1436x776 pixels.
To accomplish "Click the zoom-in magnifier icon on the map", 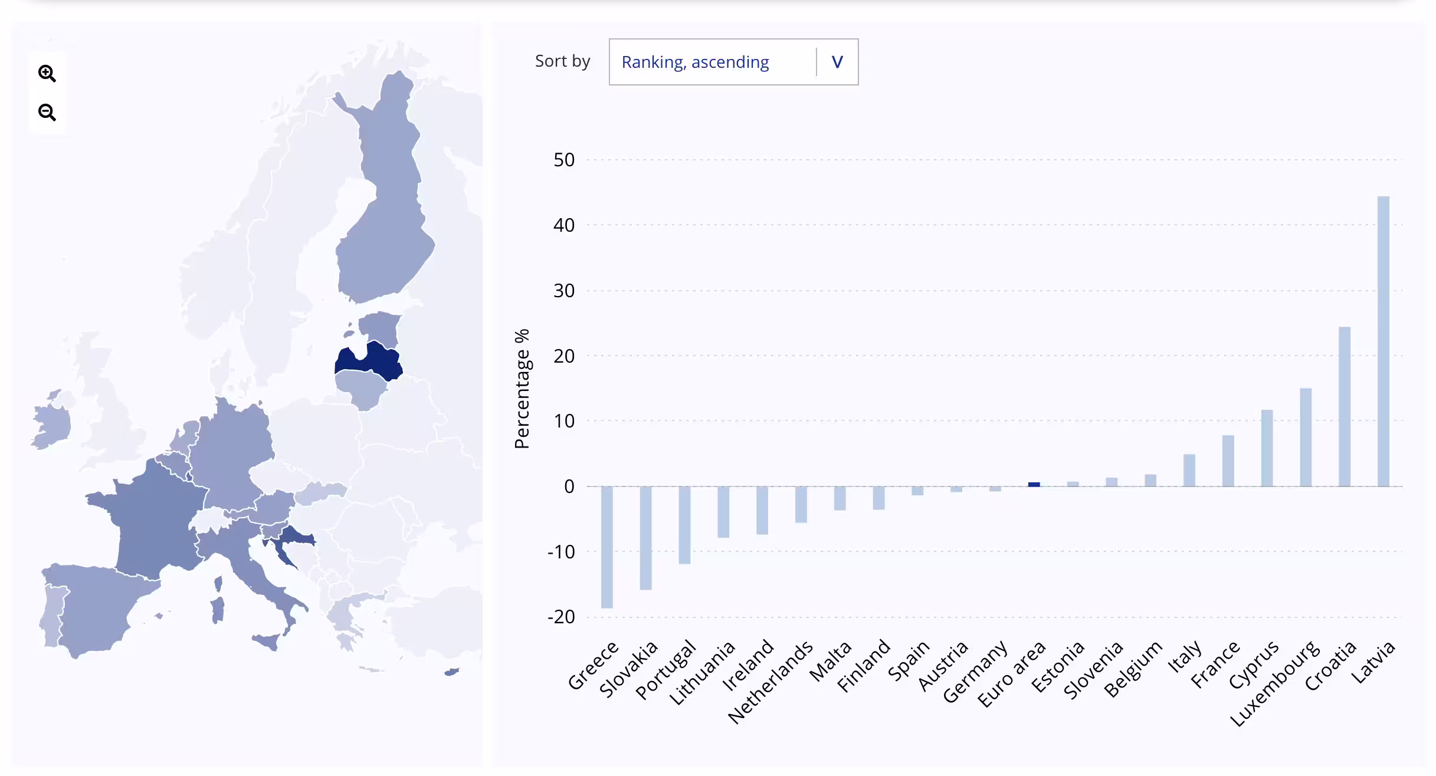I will click(47, 73).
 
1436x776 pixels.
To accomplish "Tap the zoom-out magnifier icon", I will click(47, 112).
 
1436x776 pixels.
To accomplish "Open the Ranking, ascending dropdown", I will click(733, 62).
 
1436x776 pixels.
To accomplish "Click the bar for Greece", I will click(606, 547).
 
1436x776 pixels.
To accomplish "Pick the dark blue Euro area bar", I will click(1034, 484).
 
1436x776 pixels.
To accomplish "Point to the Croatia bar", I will click(1344, 406).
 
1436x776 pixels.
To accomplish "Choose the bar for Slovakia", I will click(645, 537).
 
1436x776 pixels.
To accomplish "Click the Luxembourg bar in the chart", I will click(1306, 437).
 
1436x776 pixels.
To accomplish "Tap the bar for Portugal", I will click(684, 524).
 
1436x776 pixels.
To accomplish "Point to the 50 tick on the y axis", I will click(563, 160).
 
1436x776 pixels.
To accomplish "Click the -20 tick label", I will click(561, 617).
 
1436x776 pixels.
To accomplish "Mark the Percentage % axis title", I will click(522, 389).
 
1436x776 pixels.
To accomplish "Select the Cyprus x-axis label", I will click(1254, 664).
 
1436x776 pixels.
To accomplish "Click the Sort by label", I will click(562, 61).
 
